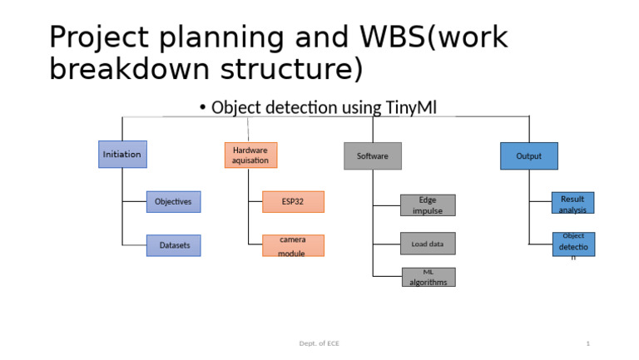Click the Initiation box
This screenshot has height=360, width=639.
click(122, 155)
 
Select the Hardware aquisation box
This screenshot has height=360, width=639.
click(250, 155)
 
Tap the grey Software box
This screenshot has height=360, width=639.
click(373, 155)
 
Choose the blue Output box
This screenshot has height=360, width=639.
click(528, 155)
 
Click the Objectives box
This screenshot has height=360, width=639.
click(173, 201)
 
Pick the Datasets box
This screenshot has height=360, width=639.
click(174, 245)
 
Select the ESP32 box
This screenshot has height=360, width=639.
click(293, 201)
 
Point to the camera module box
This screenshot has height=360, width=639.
click(293, 245)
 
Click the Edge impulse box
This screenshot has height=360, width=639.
click(428, 205)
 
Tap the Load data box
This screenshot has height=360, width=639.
click(428, 244)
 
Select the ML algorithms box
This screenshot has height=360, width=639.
click(428, 277)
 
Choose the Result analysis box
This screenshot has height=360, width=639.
click(572, 204)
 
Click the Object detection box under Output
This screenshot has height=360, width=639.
click(573, 244)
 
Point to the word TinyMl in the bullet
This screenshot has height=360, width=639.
click(411, 107)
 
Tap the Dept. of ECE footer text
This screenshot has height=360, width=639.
click(319, 343)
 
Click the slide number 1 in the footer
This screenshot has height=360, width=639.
click(587, 343)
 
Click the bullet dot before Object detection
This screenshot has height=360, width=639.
click(203, 108)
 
